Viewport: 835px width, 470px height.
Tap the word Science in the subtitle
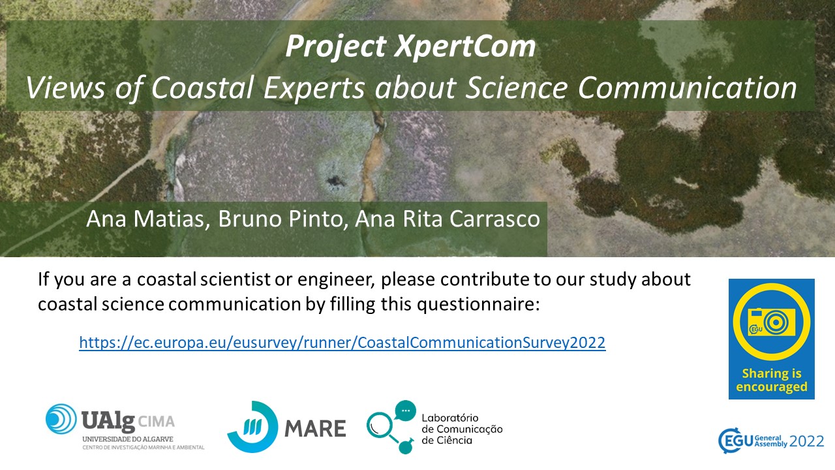(x=517, y=87)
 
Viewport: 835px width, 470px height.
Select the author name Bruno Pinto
(x=281, y=219)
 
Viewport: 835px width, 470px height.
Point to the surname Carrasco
(x=494, y=219)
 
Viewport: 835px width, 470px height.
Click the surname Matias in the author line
(x=169, y=219)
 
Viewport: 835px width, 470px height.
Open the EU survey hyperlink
(x=342, y=343)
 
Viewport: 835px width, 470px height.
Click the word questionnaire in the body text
(x=478, y=304)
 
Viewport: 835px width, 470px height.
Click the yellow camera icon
(x=771, y=322)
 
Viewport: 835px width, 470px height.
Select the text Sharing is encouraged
(x=772, y=380)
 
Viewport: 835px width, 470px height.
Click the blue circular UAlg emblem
(x=61, y=419)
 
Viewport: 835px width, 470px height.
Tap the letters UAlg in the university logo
(x=108, y=421)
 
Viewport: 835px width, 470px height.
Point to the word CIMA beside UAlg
(x=156, y=422)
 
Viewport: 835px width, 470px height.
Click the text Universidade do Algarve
(x=128, y=439)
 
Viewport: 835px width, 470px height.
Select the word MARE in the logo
(x=315, y=428)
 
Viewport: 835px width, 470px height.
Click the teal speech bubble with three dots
(x=405, y=411)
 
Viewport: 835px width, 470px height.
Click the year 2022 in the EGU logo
(x=807, y=442)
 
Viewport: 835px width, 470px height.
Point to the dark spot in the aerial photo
(x=335, y=181)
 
